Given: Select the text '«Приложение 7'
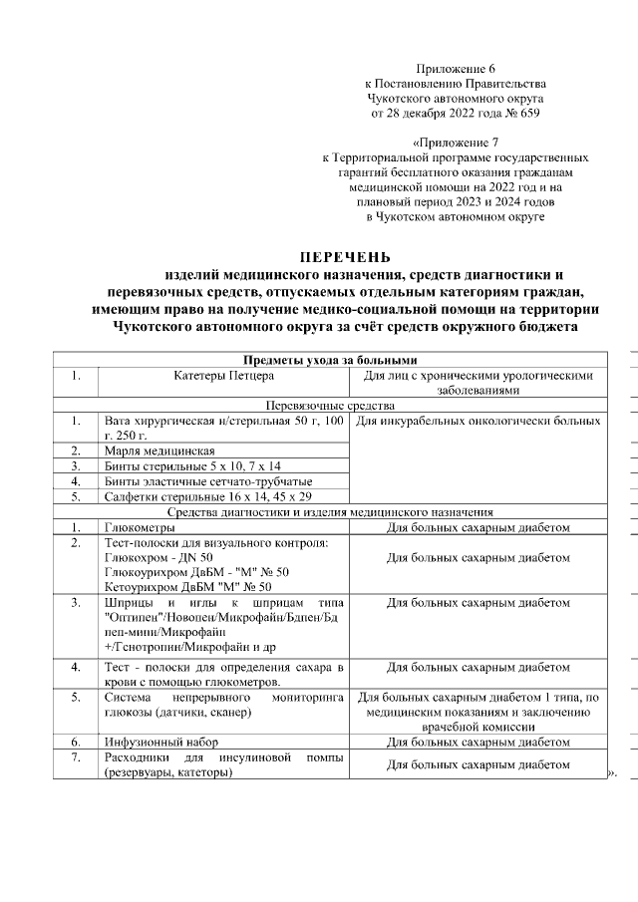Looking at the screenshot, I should tap(456, 144).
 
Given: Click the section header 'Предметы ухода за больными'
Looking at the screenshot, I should tap(329, 361).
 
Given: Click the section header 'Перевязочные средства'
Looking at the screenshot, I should tap(329, 407).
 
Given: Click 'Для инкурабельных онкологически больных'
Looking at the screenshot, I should tap(478, 422).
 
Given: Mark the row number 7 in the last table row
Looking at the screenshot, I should tap(76, 757).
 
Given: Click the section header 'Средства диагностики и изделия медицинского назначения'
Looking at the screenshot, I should tap(329, 511).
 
